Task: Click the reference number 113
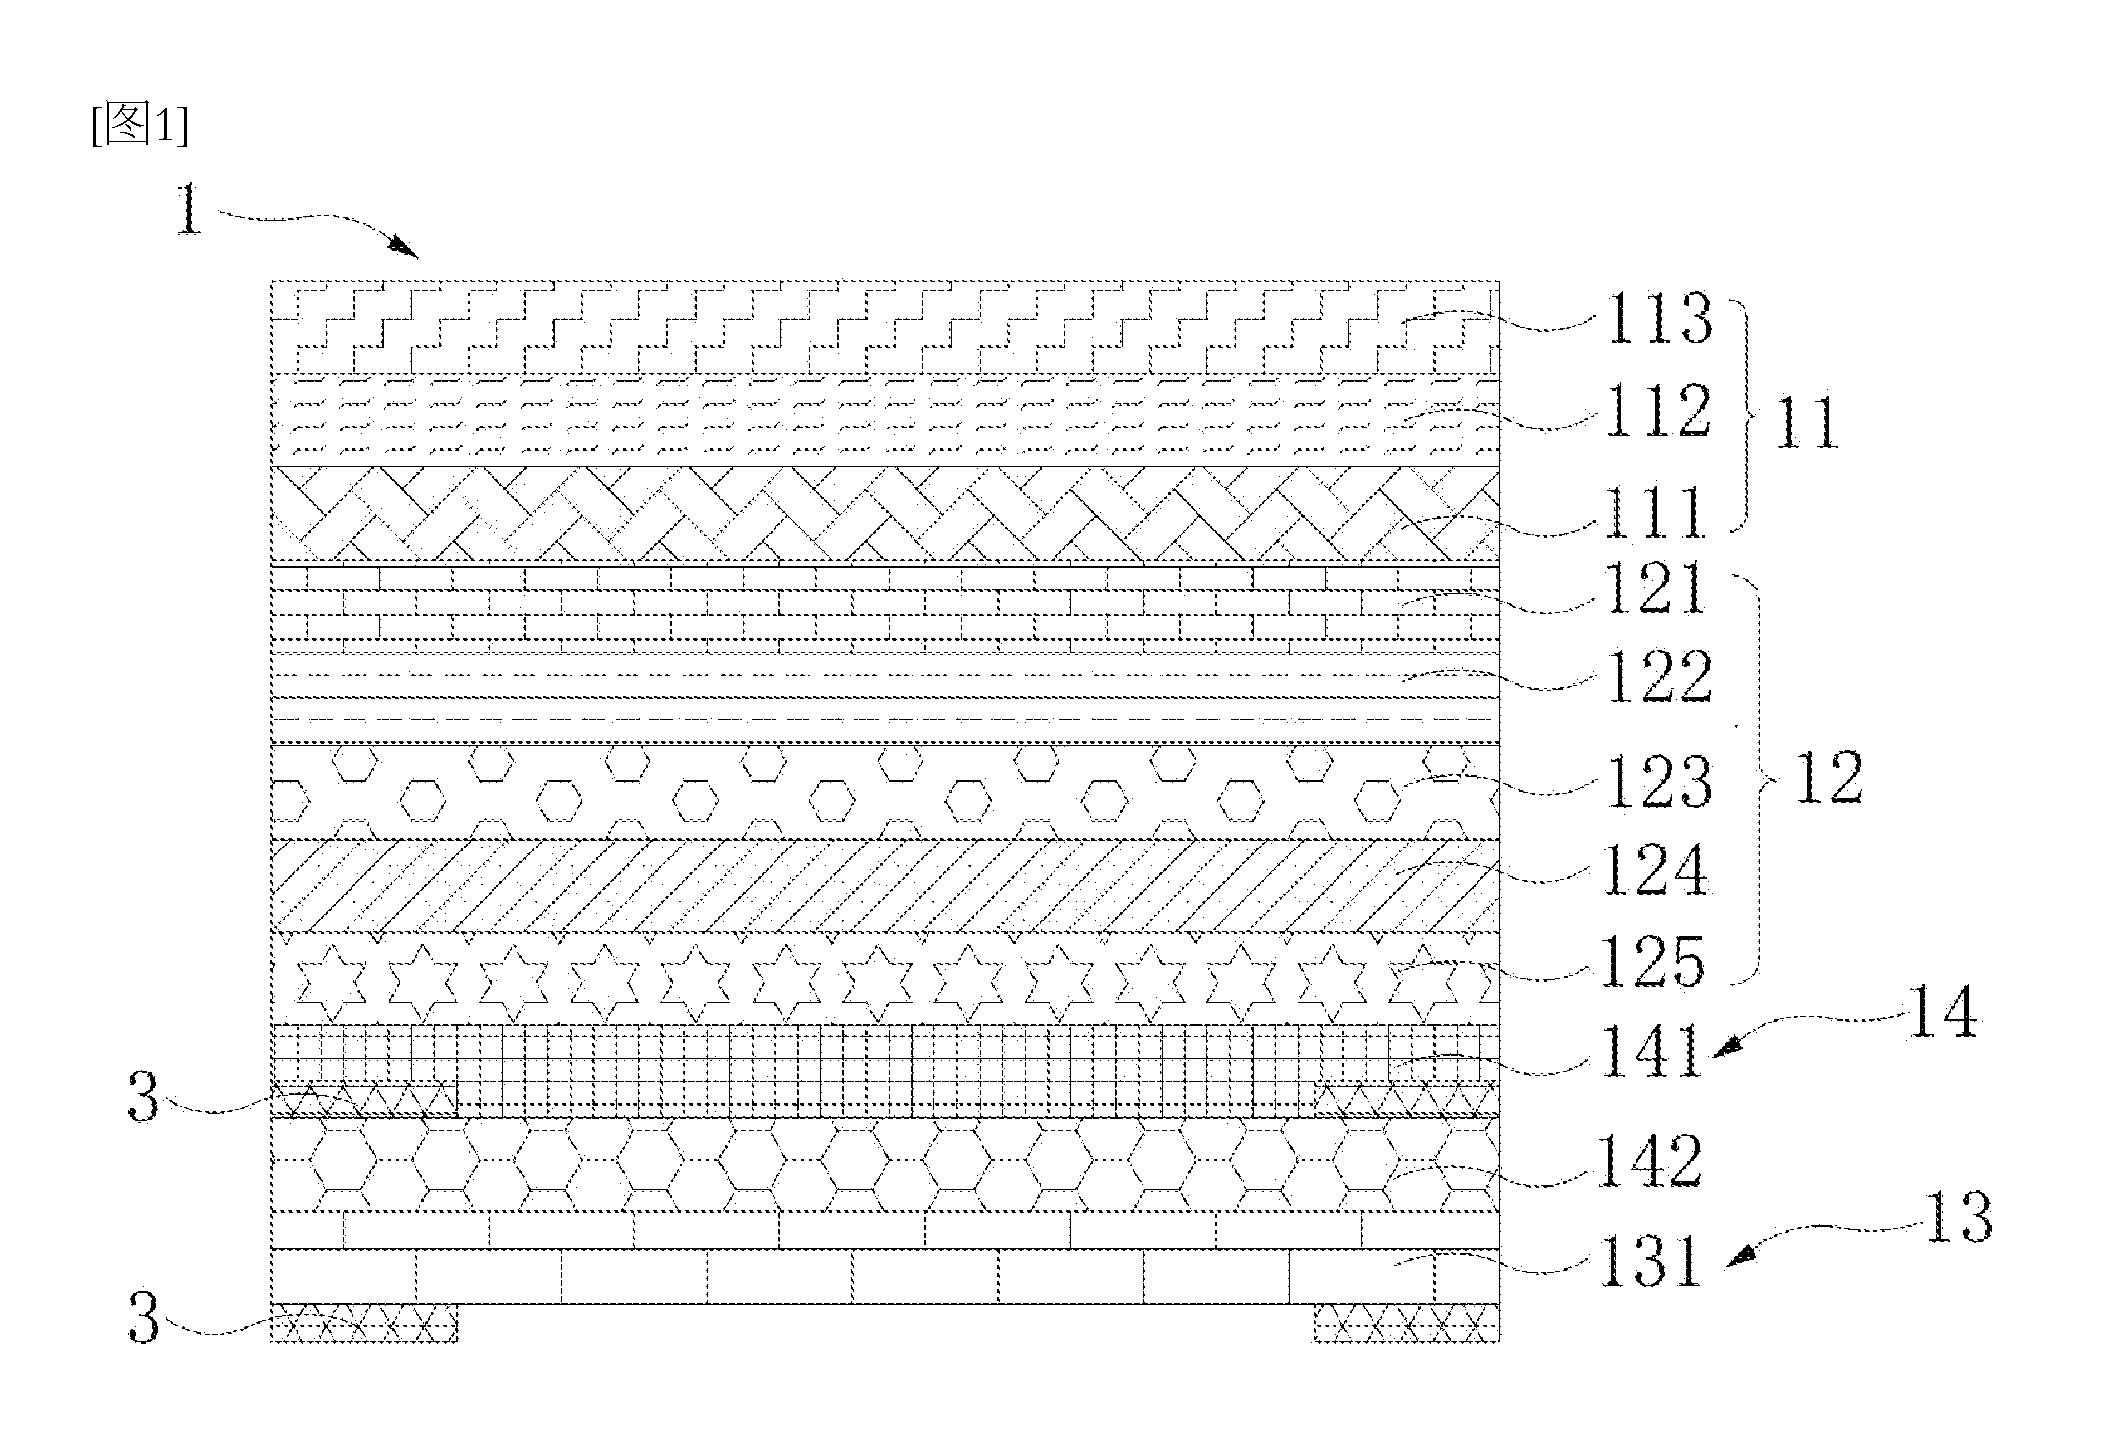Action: (1659, 319)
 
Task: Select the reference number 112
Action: (1659, 412)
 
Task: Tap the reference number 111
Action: (1653, 512)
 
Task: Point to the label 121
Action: (1653, 589)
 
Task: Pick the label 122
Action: (1659, 677)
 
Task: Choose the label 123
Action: (1659, 781)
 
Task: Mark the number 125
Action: (1653, 962)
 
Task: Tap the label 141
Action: (1649, 1052)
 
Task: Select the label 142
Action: (1649, 1162)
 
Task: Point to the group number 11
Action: (1806, 424)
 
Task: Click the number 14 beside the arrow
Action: (1943, 1014)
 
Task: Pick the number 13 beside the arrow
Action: (1957, 1218)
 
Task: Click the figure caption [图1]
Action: (139, 126)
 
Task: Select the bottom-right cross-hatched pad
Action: (1407, 1324)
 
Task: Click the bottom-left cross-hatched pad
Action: (364, 1324)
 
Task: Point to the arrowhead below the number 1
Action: (403, 247)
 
